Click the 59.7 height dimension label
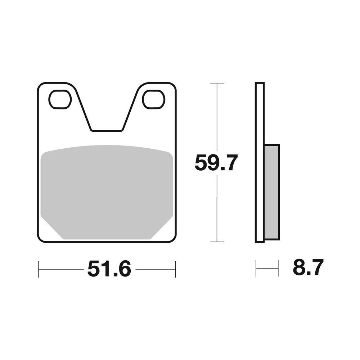coord(216,163)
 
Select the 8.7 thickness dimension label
coord(308,267)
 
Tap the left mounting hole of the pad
coord(60,99)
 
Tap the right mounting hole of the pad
coord(153,99)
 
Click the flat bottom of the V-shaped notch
coord(107,130)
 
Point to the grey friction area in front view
coord(107,191)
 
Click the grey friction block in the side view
coord(272,192)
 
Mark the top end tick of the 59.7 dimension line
coord(217,83)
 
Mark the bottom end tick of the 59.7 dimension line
coord(217,242)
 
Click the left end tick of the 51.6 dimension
coord(39,269)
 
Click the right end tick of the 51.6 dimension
coord(175,269)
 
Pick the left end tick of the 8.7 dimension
coord(256,268)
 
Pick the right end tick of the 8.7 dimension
coord(278,268)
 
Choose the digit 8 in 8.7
coord(299,267)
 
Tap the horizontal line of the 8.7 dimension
coord(267,268)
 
